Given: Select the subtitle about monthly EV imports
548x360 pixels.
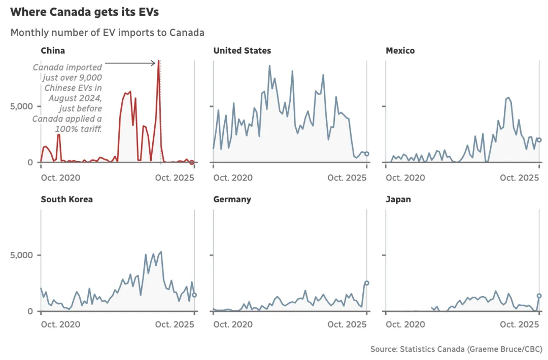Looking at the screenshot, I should tap(107, 33).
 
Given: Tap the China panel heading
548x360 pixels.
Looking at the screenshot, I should tap(53, 51).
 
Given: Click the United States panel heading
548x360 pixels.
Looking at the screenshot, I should tap(242, 51).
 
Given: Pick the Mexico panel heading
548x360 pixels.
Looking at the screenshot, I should tap(400, 51).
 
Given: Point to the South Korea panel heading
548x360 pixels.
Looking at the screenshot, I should tap(66, 199).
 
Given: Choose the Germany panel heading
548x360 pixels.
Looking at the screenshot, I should tap(232, 199).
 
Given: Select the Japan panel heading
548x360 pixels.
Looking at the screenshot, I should tap(398, 199).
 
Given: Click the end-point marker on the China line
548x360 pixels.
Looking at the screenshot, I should tap(192, 162).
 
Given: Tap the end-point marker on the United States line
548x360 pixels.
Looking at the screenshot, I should tap(367, 154).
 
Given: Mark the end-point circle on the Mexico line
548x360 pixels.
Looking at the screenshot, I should tap(539, 140).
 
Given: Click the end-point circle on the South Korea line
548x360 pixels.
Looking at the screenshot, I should tap(194, 295).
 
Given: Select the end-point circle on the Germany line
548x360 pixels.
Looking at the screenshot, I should tap(367, 283).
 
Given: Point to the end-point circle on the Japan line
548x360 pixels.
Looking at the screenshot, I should tap(539, 296).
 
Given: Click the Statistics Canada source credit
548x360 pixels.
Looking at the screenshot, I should tap(456, 349).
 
